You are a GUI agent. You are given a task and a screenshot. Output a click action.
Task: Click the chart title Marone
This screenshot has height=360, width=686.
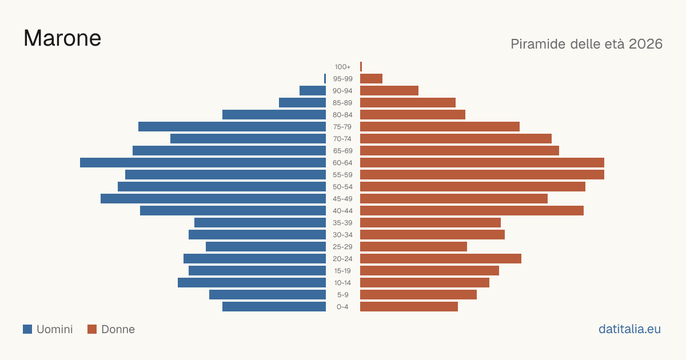[62, 38]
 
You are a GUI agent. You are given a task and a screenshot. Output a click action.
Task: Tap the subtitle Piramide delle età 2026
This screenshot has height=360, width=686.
[587, 44]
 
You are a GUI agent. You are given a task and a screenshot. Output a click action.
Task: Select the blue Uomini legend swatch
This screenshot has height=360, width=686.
[27, 329]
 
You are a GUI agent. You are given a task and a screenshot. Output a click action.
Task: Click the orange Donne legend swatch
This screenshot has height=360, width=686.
[92, 329]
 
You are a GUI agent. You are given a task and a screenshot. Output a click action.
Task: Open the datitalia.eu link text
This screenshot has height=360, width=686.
[629, 329]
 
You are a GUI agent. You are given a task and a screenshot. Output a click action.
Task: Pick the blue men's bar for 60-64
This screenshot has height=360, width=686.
[203, 162]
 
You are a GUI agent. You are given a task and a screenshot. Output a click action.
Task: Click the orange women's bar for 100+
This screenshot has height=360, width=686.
[361, 66]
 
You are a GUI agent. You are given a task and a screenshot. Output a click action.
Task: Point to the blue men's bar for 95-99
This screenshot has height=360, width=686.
[325, 78]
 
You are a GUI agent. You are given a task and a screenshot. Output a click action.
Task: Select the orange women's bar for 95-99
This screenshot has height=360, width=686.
[371, 78]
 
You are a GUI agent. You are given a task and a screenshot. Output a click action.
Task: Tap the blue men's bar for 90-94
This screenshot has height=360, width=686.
[313, 91]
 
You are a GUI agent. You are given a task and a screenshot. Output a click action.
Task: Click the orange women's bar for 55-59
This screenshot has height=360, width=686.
[482, 174]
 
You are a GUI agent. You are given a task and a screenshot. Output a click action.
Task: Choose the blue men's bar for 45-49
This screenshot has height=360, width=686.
[213, 199]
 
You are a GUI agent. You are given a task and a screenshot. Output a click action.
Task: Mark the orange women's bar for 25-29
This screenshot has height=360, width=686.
[413, 246]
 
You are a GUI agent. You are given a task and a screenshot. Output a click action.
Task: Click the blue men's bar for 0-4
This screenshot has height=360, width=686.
[274, 306]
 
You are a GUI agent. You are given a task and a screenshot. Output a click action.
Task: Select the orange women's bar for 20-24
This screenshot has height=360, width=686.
[441, 259]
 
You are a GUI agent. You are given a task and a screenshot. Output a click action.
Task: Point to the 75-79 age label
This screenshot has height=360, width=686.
[342, 127]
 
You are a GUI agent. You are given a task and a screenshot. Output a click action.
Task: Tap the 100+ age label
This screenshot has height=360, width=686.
[342, 67]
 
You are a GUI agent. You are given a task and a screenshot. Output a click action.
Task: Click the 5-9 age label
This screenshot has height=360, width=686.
[342, 295]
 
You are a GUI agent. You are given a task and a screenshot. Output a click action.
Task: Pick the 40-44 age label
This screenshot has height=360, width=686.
[342, 211]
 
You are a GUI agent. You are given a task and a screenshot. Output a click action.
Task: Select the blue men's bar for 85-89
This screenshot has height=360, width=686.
[302, 102]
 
